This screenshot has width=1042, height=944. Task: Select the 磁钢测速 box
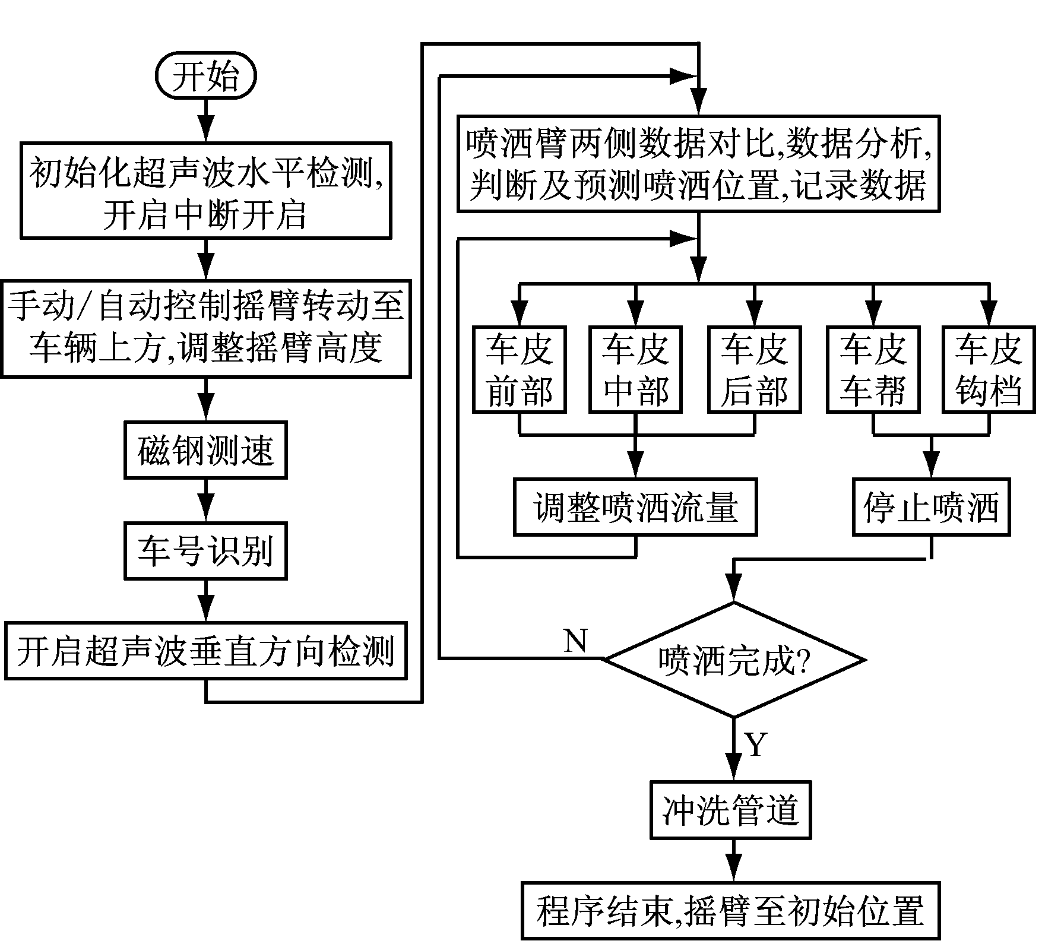(205, 450)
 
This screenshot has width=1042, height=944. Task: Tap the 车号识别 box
(205, 550)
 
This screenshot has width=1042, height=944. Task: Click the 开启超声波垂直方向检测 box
(205, 651)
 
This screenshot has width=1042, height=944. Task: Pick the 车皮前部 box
(520, 369)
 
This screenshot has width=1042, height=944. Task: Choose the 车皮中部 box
(636, 369)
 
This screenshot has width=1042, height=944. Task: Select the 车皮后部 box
(754, 369)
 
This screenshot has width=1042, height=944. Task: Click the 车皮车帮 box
(873, 369)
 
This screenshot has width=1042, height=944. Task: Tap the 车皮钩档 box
(989, 369)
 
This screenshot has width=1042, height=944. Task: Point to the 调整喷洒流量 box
(635, 507)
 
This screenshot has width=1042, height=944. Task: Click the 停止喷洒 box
(931, 507)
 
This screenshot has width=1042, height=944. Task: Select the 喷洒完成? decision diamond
(734, 660)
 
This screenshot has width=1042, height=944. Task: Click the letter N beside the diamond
(575, 641)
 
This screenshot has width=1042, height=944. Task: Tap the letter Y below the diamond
(756, 744)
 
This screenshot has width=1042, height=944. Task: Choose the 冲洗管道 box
(731, 810)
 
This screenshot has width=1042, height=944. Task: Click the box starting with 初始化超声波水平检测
(205, 191)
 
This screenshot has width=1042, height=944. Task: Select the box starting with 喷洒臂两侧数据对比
(698, 164)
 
